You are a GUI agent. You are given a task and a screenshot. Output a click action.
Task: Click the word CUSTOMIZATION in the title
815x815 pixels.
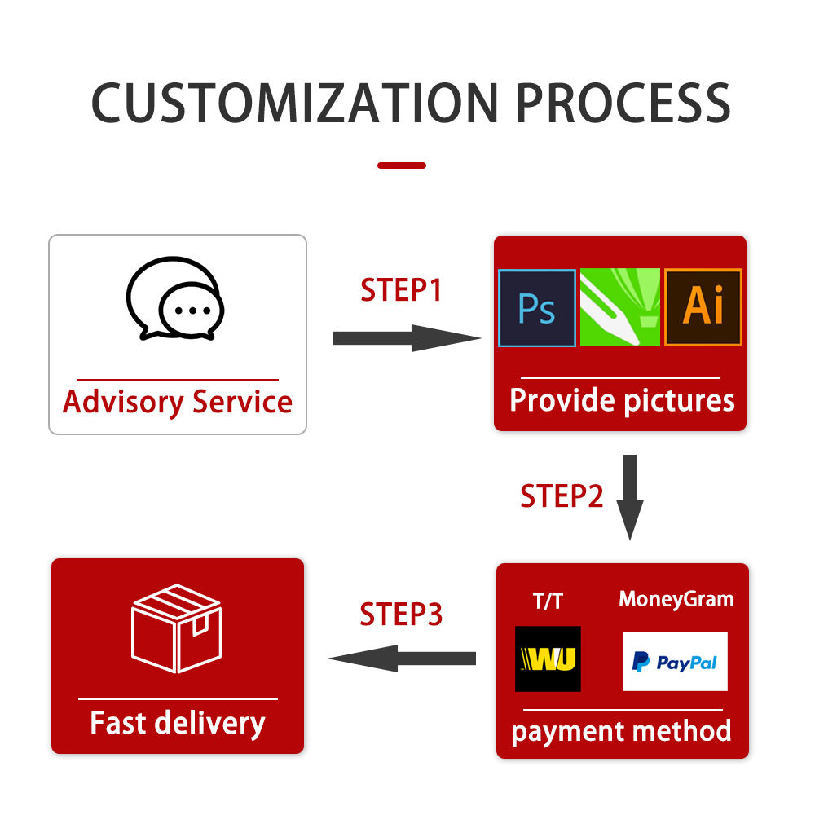tap(295, 103)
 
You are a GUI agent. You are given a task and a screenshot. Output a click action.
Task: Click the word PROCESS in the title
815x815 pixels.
tap(623, 103)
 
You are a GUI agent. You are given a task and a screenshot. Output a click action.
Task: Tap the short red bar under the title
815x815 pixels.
tap(402, 165)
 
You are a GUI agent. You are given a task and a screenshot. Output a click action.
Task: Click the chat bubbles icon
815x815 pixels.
tap(175, 298)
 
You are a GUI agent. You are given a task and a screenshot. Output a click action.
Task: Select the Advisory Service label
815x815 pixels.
tap(177, 402)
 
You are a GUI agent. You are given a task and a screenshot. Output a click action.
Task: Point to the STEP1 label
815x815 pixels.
tap(401, 289)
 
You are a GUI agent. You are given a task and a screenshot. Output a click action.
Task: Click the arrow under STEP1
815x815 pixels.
tap(407, 338)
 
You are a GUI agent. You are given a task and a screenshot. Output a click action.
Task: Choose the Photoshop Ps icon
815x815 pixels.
tap(537, 308)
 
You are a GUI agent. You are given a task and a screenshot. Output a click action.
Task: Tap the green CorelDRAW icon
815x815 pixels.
tap(619, 307)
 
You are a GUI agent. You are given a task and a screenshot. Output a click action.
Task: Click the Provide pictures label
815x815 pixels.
tap(622, 400)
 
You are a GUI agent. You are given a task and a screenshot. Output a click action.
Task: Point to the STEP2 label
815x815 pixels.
tap(562, 496)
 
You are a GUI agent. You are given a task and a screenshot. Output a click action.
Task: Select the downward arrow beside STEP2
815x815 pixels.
tap(630, 497)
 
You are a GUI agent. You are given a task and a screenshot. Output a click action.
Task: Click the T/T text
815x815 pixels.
tap(548, 601)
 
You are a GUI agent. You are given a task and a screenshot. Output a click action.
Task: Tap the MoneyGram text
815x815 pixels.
tap(676, 599)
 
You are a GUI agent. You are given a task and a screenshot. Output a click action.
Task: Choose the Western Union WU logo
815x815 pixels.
tap(548, 659)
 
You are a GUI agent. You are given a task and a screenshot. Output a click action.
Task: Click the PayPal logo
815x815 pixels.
tap(675, 662)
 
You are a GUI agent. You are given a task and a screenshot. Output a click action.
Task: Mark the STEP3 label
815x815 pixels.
tap(401, 614)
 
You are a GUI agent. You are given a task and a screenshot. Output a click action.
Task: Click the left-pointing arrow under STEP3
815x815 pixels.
tap(402, 659)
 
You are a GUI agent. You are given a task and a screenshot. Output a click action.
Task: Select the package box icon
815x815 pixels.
tap(177, 628)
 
